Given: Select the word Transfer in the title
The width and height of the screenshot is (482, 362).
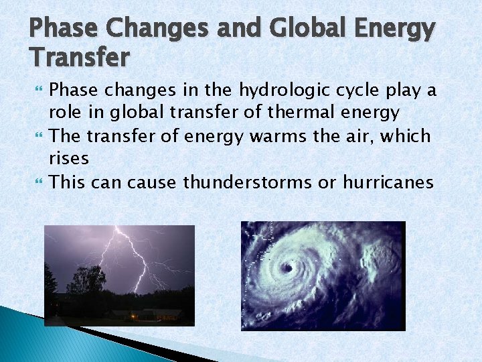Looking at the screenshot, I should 79,58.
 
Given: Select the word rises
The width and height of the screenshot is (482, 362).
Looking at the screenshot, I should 68,159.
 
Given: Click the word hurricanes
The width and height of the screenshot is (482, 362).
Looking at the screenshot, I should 388,182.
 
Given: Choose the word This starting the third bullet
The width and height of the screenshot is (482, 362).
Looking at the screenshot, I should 68,182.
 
